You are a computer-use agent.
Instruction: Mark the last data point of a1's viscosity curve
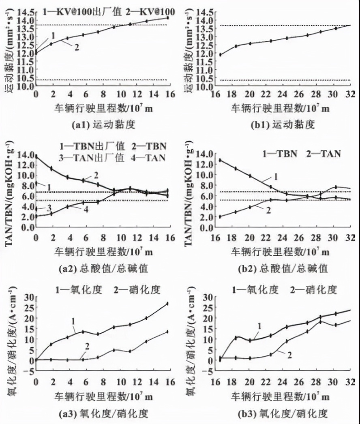click(x=167, y=17)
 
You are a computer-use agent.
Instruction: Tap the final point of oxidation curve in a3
click(x=167, y=303)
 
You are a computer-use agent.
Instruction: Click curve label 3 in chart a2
click(x=49, y=208)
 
